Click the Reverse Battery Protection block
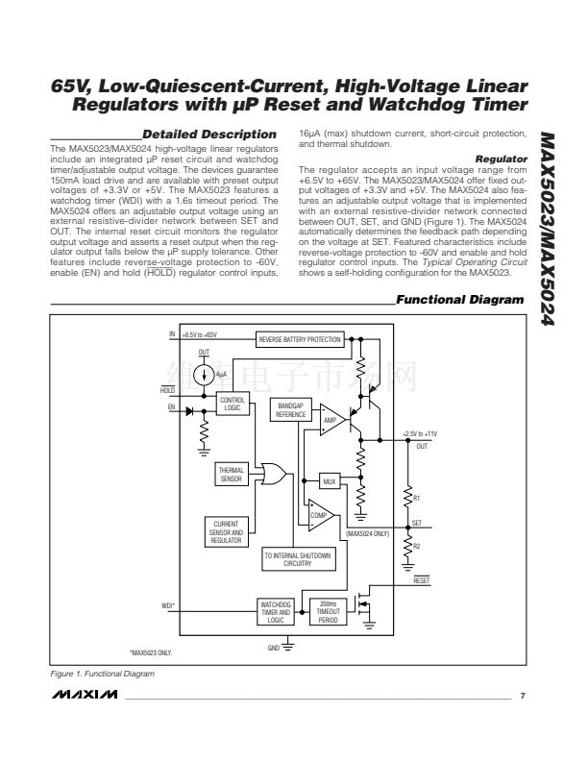click(299, 340)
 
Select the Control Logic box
click(232, 404)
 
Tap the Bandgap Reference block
click(290, 409)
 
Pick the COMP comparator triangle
click(321, 514)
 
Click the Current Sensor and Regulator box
click(226, 532)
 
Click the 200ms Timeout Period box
click(327, 613)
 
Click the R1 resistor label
click(416, 498)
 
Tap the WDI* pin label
click(168, 605)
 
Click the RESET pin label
click(421, 580)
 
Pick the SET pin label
click(416, 523)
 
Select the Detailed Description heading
click(209, 134)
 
